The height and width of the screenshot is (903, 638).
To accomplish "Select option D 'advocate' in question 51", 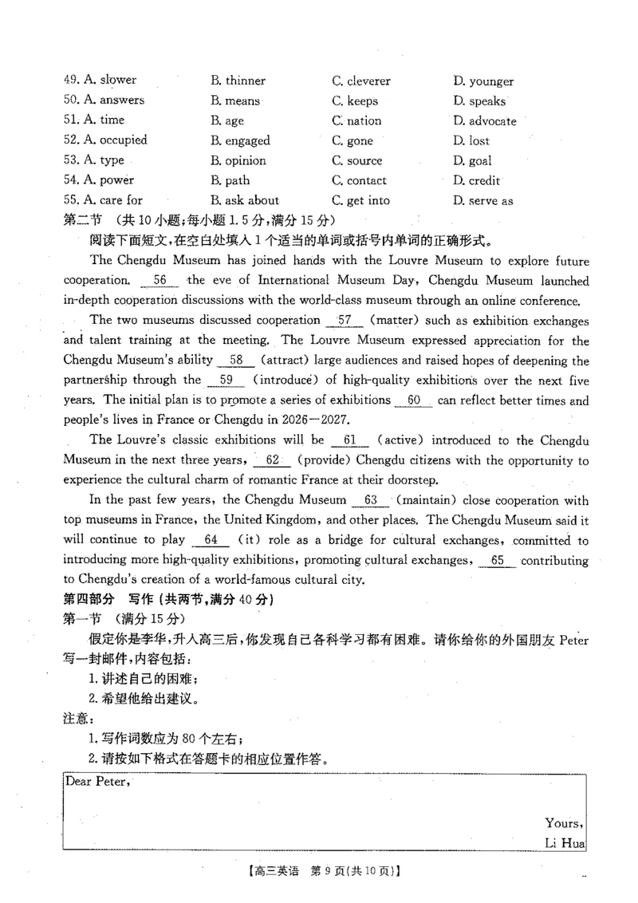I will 484,121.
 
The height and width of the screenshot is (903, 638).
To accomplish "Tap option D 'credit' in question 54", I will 478,180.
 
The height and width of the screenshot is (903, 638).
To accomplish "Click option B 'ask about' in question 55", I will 245,200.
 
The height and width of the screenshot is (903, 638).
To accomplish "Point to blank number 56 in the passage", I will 159,280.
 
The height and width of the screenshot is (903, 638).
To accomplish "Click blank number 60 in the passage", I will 413,400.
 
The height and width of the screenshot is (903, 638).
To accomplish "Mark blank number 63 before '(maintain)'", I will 369,500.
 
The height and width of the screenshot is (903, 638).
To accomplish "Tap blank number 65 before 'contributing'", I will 498,560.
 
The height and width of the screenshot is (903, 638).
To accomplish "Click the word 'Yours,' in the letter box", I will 565,822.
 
